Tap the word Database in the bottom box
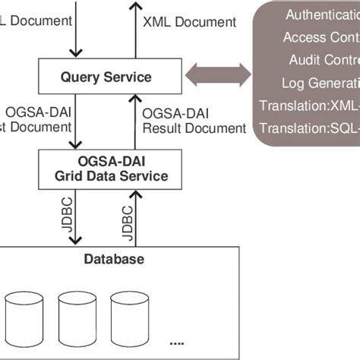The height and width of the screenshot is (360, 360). [114, 260]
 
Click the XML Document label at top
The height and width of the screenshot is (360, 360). [189, 22]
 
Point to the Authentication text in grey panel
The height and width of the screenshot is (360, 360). [319, 14]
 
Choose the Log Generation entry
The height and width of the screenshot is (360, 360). [320, 83]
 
